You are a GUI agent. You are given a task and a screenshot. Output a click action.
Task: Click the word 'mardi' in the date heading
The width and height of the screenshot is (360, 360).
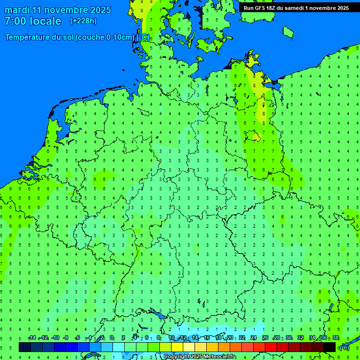(17, 10)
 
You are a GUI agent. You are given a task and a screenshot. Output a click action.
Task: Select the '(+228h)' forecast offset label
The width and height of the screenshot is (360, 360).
(83, 21)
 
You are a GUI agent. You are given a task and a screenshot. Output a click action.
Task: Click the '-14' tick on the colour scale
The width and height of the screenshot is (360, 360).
(31, 338)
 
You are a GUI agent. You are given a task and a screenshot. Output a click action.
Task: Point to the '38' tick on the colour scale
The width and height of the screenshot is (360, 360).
(336, 338)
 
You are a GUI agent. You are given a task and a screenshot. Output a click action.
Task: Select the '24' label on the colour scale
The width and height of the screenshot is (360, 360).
(254, 338)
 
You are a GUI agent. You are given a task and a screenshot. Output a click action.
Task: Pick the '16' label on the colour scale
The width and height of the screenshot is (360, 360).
(207, 338)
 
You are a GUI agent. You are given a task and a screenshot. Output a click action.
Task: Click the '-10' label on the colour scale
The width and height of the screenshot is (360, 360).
(55, 338)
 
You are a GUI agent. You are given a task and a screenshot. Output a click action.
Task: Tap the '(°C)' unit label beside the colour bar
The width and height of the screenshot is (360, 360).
(344, 348)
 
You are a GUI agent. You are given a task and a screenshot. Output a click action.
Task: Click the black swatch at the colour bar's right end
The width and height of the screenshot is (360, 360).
(330, 347)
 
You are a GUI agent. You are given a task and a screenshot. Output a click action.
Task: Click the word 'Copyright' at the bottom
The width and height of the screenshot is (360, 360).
(176, 357)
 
